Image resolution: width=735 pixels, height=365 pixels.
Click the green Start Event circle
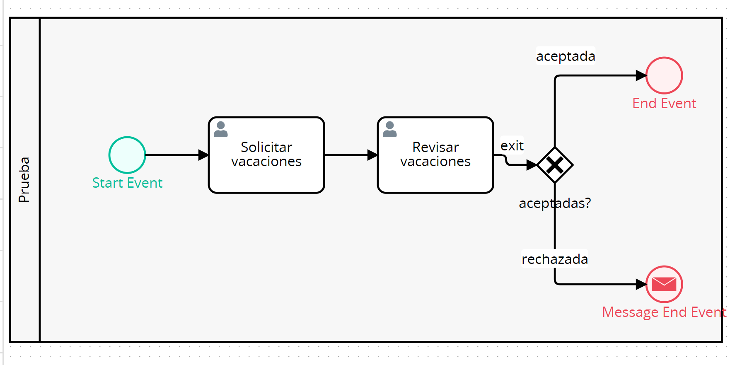click(x=127, y=155)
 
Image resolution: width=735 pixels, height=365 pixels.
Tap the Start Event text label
click(x=127, y=183)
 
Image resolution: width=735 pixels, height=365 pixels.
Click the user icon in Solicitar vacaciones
click(x=221, y=129)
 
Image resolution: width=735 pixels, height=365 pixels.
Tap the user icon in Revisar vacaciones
click(x=389, y=129)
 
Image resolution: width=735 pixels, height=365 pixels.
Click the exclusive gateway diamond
click(x=555, y=165)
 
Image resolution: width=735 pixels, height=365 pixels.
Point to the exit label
click(x=512, y=146)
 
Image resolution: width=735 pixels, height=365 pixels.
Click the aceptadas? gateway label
click(x=555, y=203)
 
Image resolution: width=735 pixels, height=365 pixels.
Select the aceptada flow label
click(x=566, y=56)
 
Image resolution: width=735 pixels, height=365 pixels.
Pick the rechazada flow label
click(x=555, y=259)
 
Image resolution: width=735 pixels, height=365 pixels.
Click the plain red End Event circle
click(x=664, y=75)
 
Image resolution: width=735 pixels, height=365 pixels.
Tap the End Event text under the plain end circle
click(x=664, y=103)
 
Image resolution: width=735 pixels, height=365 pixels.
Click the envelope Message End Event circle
click(x=664, y=284)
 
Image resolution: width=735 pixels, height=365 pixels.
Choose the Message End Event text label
click(x=664, y=312)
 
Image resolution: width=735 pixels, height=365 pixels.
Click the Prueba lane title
click(x=24, y=179)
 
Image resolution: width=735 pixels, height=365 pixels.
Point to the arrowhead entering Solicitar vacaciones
click(x=203, y=155)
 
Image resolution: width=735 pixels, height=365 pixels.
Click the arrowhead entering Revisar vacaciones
click(x=372, y=155)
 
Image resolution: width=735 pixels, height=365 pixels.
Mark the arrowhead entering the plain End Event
click(x=641, y=75)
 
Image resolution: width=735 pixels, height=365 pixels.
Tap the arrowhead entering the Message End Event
click(x=641, y=284)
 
